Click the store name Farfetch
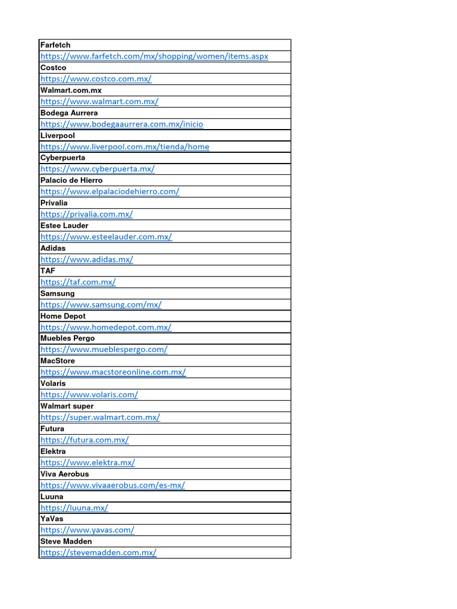(x=55, y=45)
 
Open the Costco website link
(x=96, y=79)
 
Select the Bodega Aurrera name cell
(x=69, y=113)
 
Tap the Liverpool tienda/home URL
(x=125, y=146)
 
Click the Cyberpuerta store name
(x=62, y=158)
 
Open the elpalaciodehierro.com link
(x=109, y=192)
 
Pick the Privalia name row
(x=54, y=203)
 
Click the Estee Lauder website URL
(x=106, y=237)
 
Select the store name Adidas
(x=53, y=248)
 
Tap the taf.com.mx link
(x=78, y=282)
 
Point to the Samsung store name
(x=58, y=293)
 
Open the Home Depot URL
(x=106, y=327)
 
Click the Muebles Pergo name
(x=67, y=338)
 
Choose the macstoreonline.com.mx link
(x=113, y=372)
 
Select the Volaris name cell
(x=53, y=384)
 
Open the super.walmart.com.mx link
(x=100, y=417)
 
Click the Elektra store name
(x=54, y=451)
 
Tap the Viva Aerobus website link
(x=112, y=485)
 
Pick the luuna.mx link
(x=74, y=508)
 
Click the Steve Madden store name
(x=66, y=542)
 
